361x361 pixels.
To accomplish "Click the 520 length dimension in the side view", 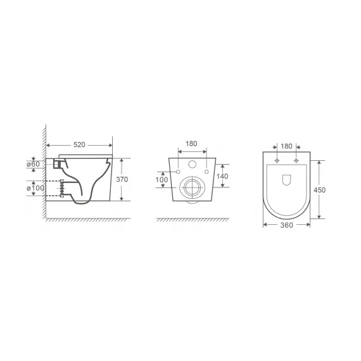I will [x=79, y=145].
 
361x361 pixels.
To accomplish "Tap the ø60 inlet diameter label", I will [x=34, y=165].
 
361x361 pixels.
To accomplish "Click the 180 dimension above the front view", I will [x=192, y=144].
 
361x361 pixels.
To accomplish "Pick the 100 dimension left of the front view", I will [x=161, y=180].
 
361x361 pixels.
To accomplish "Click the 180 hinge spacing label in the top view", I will [x=286, y=146].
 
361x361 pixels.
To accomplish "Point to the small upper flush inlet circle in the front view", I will [x=192, y=163].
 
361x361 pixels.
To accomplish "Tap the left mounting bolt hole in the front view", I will [x=178, y=172].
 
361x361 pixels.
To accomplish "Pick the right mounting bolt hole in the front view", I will [x=206, y=172].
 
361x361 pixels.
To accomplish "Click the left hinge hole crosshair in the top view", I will [x=277, y=160].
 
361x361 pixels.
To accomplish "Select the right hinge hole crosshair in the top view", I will [x=296, y=160].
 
